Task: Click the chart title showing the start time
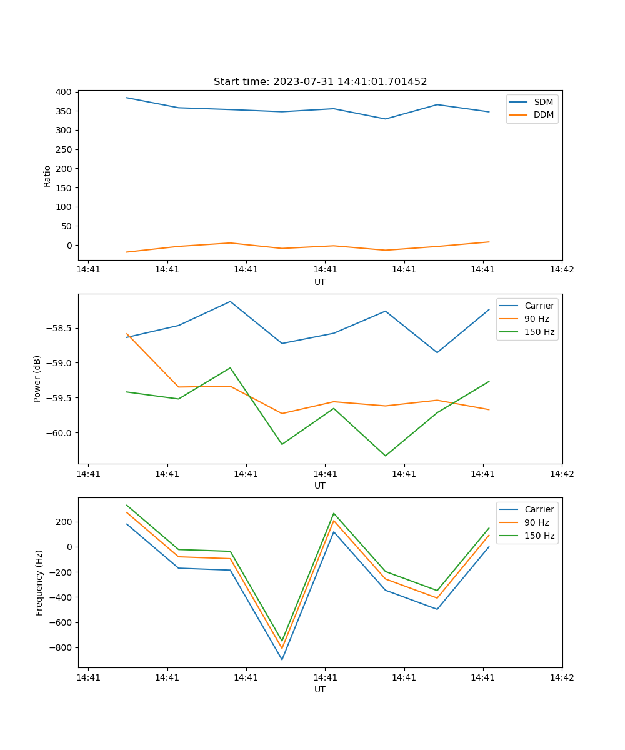320,82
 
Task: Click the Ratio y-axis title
47,175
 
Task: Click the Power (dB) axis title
37,379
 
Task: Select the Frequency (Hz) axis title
39,582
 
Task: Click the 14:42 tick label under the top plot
561,270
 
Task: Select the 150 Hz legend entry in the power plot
539,332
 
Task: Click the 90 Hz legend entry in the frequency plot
536,522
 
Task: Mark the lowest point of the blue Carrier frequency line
282,659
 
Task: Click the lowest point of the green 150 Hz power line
385,456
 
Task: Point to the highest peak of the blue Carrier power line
230,301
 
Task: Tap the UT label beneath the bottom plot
320,689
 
